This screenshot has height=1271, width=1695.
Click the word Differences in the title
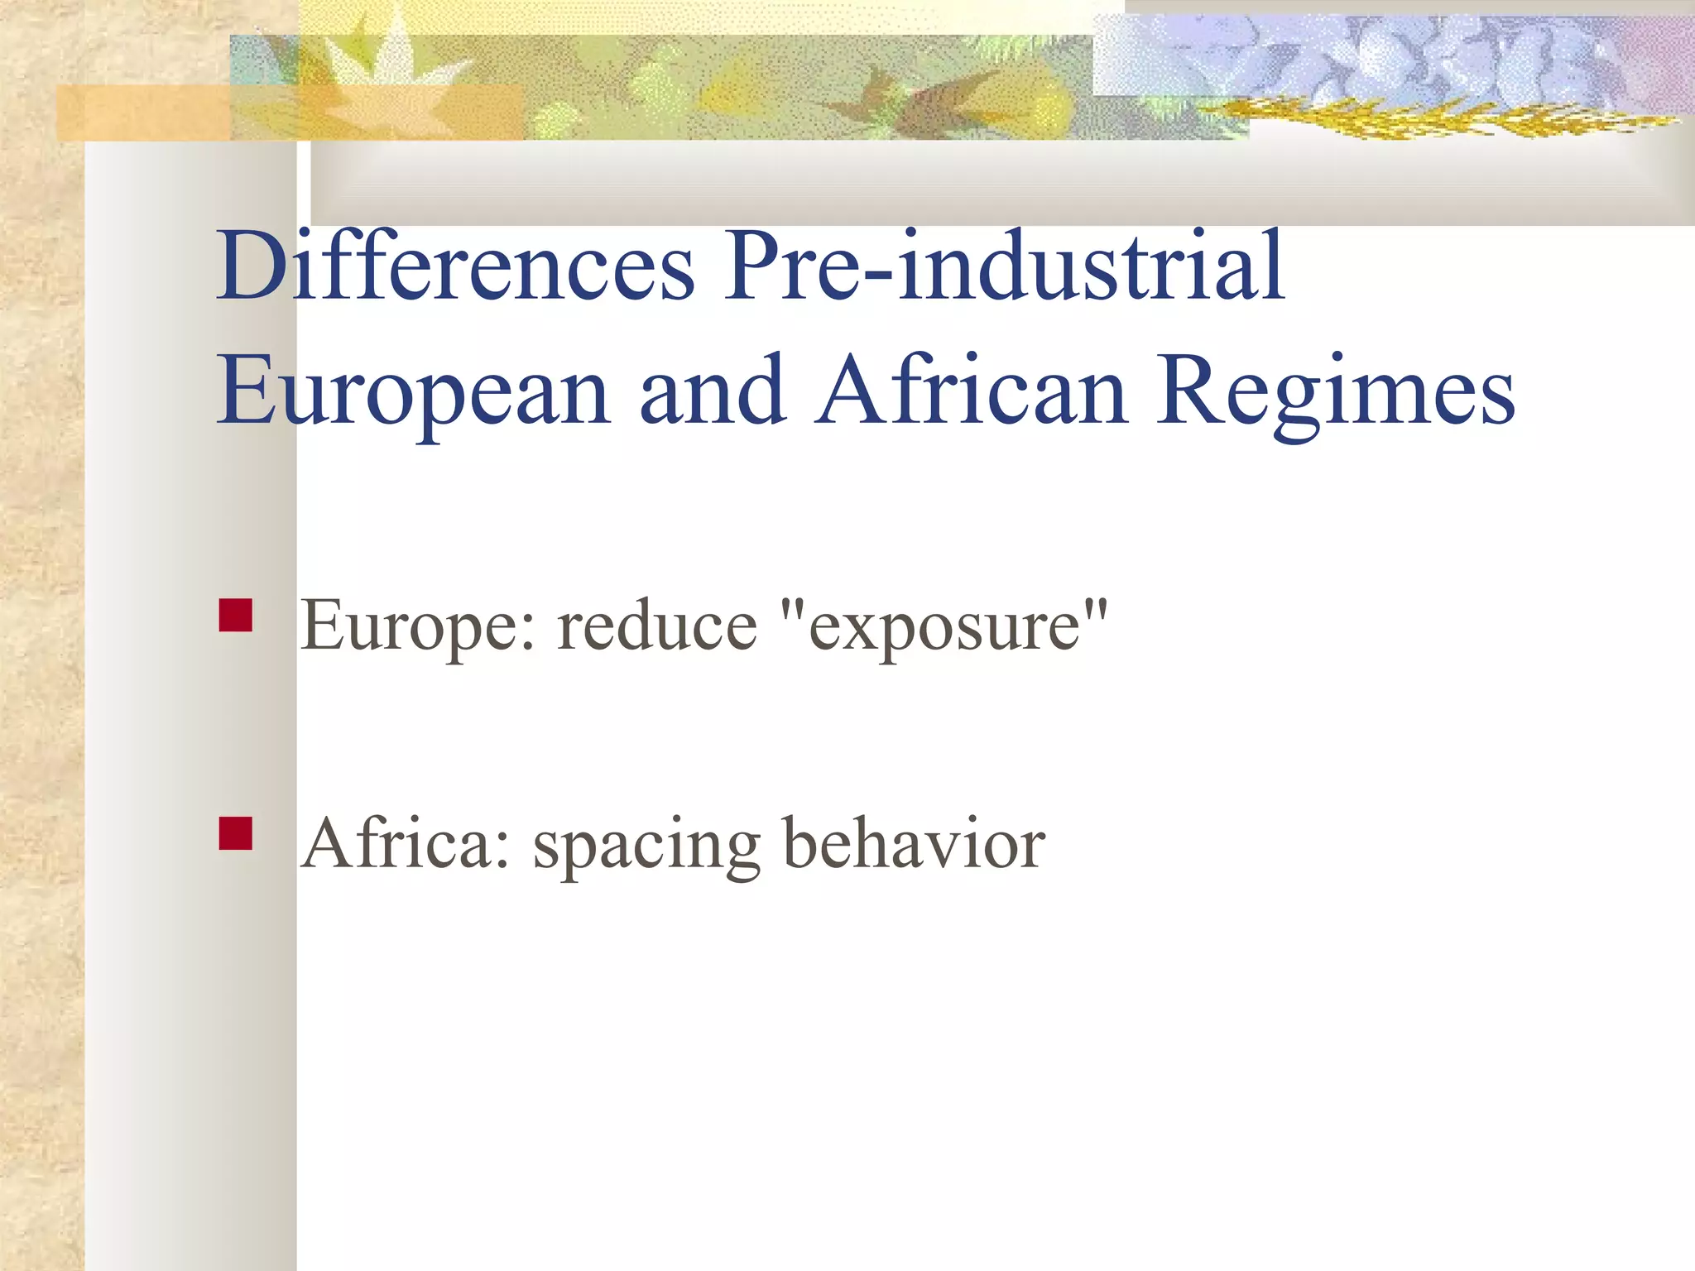tap(456, 266)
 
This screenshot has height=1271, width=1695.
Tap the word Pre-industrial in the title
tap(1004, 266)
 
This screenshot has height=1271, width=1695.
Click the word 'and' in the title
tap(713, 391)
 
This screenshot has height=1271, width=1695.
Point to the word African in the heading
tap(972, 391)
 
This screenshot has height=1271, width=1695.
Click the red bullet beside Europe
tap(236, 616)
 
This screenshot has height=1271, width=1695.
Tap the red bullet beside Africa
tap(236, 833)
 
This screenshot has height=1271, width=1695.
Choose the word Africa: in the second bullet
tap(406, 844)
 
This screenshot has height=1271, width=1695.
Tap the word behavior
tap(914, 844)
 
